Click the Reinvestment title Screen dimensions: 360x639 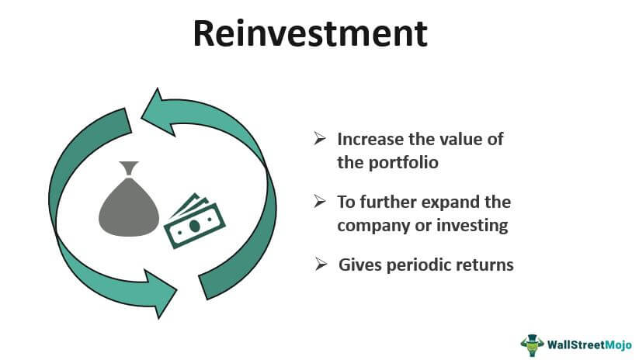(310, 35)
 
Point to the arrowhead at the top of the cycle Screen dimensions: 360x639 (156, 108)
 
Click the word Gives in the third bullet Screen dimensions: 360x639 (359, 265)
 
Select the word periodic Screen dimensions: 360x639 (420, 265)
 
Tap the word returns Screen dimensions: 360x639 (486, 265)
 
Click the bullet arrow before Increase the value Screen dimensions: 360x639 (319, 139)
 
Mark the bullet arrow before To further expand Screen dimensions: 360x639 (319, 202)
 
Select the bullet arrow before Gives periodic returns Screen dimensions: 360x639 (321, 264)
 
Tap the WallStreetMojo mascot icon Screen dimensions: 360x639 (532, 342)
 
